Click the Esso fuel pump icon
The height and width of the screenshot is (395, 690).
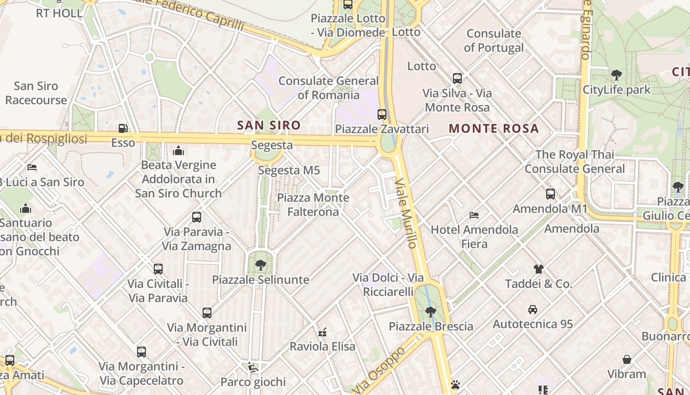point(123,128)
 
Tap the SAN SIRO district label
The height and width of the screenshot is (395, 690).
point(269,125)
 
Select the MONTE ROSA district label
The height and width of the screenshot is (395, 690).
point(493,129)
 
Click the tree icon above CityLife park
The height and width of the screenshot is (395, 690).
point(616,76)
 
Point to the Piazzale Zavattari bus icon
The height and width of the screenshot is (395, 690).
point(381,115)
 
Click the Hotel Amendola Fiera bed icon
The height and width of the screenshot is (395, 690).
point(474,215)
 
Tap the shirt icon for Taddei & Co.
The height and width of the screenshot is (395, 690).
point(538,269)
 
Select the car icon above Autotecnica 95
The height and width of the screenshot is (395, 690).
point(533,310)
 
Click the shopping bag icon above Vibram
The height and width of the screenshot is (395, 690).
point(627,359)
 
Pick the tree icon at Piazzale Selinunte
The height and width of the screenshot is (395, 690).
point(260,265)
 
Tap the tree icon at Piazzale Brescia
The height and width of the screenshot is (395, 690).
point(430,312)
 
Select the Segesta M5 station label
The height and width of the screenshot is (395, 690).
point(289,170)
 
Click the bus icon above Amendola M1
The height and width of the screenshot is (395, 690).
point(551,194)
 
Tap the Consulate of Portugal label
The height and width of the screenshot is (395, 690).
point(494,40)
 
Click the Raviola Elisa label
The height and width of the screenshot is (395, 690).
point(322,346)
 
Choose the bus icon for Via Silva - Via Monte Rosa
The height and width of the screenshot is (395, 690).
point(457,78)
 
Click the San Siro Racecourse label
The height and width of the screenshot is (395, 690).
point(36,93)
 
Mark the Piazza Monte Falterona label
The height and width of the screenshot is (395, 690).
point(313,205)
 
